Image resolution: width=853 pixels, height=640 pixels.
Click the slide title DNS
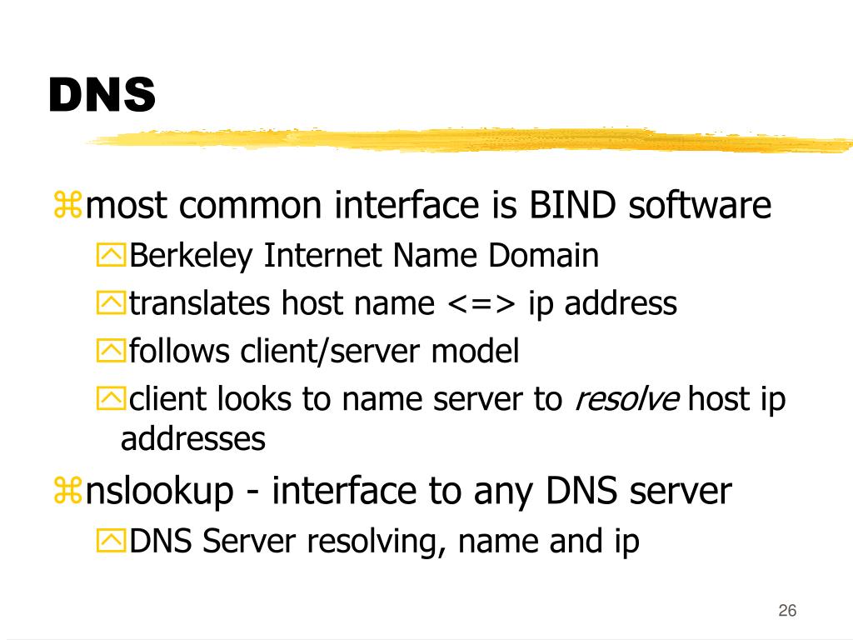coord(102,94)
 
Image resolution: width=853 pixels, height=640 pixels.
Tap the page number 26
coord(787,611)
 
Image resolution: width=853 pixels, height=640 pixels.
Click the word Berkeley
coord(190,256)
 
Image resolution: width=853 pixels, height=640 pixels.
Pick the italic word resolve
coord(626,400)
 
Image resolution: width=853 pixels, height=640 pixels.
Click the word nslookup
coord(160,492)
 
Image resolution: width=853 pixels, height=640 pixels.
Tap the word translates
coord(200,304)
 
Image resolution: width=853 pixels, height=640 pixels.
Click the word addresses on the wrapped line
coord(193,438)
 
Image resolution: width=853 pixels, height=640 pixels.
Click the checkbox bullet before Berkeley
coord(108,256)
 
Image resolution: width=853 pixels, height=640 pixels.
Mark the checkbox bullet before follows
coord(108,352)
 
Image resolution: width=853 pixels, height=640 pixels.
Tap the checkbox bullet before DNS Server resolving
coord(108,542)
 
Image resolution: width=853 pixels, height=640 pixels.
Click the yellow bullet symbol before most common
coord(67,206)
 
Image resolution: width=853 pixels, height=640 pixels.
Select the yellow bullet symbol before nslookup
coord(67,492)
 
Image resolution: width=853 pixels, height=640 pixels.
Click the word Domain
coord(543,256)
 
